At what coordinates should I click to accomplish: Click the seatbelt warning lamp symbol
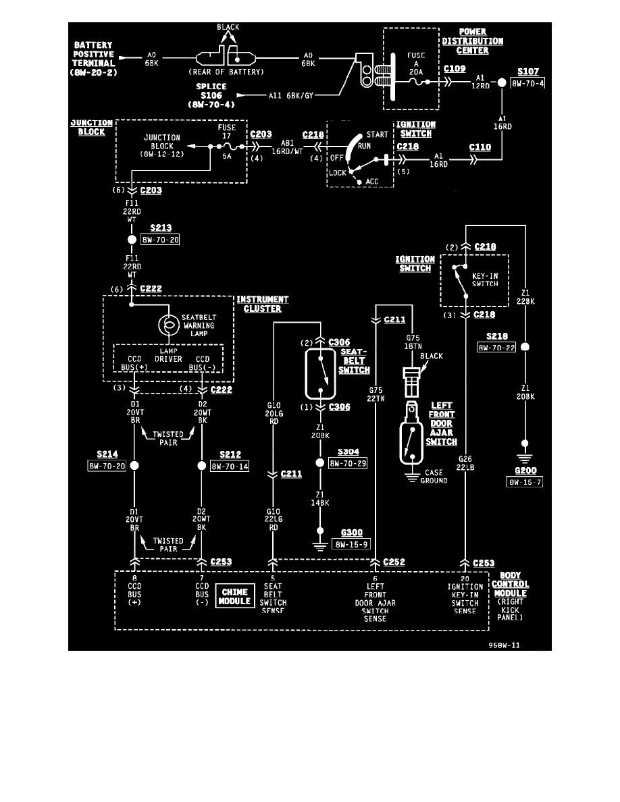(x=165, y=325)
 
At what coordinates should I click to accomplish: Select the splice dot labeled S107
(x=502, y=83)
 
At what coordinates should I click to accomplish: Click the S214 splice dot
(x=134, y=466)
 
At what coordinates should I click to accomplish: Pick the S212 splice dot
(x=201, y=466)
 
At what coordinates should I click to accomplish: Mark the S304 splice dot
(x=321, y=463)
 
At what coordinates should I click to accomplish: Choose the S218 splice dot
(x=525, y=347)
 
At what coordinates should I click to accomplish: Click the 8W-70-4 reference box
(x=527, y=84)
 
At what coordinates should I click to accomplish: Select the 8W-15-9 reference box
(x=351, y=543)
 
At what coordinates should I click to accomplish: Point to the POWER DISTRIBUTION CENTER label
(x=481, y=41)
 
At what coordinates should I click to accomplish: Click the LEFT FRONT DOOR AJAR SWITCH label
(x=441, y=423)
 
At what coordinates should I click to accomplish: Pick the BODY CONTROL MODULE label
(x=510, y=584)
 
